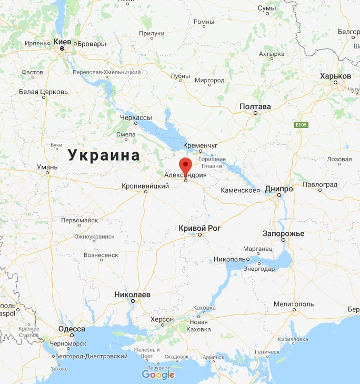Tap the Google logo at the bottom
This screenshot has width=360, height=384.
pos(158,375)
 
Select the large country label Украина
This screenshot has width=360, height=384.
pos(104,155)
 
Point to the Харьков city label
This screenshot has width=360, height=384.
pos(335,76)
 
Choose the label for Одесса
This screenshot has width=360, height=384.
pos(72,329)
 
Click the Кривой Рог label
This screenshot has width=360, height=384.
pos(199,228)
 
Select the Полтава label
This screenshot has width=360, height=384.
pos(255,106)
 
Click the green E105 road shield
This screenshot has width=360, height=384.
pos(301,125)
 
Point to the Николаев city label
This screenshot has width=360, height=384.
pos(133,294)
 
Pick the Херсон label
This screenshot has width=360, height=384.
pos(162,320)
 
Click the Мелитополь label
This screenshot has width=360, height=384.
pos(294,304)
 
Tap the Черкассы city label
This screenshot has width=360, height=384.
pos(136,117)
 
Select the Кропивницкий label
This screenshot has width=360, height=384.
pos(145,186)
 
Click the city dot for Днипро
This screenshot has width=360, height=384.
pos(279,195)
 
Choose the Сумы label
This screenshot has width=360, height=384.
pos(267,8)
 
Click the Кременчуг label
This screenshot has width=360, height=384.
pos(201,145)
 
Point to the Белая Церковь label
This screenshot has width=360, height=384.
pos(43,92)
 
